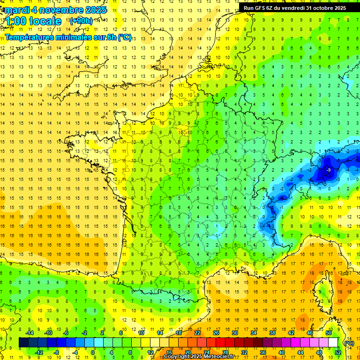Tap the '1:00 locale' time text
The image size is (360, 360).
(x=33, y=21)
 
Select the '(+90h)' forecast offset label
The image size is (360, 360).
(x=81, y=21)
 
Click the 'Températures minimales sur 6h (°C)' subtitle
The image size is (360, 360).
(x=68, y=37)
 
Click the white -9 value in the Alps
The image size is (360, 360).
(x=329, y=170)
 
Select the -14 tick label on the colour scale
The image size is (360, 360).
(x=30, y=333)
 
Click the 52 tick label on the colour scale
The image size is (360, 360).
(x=337, y=352)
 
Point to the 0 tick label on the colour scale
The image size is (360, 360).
(x=93, y=352)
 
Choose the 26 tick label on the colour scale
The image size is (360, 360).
(x=216, y=333)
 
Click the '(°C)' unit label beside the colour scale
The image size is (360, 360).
(x=349, y=343)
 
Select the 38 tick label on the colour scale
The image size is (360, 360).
(x=272, y=333)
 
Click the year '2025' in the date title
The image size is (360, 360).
(x=93, y=10)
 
